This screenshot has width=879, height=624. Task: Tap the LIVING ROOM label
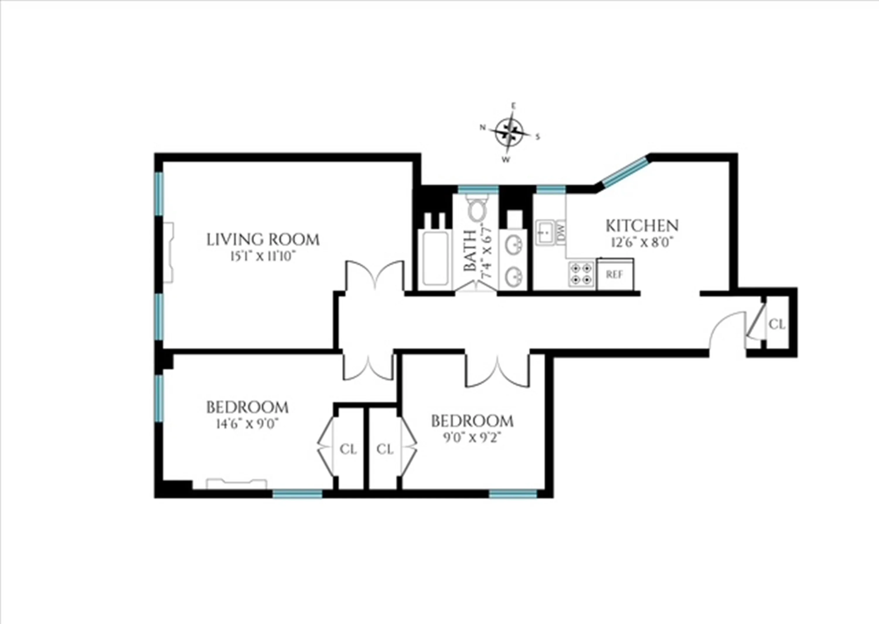click(263, 239)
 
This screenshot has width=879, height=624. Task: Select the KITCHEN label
click(642, 225)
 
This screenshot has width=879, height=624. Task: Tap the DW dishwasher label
click(561, 232)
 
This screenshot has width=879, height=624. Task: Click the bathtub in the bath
click(435, 259)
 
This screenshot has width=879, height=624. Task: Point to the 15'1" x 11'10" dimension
click(263, 256)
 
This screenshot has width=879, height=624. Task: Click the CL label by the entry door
click(777, 325)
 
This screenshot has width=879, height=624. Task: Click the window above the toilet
click(478, 189)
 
